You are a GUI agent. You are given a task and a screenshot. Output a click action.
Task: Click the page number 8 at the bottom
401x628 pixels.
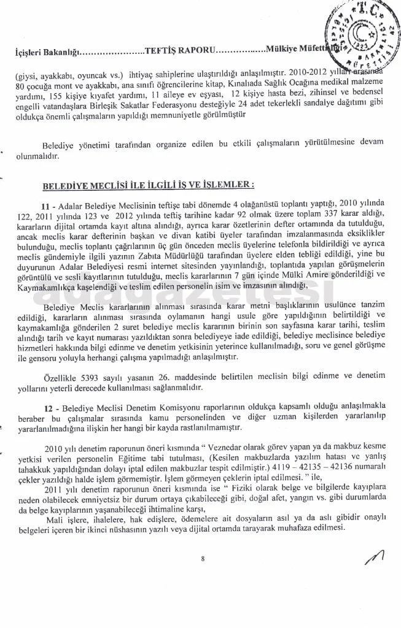pyautogui.click(x=201, y=558)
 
